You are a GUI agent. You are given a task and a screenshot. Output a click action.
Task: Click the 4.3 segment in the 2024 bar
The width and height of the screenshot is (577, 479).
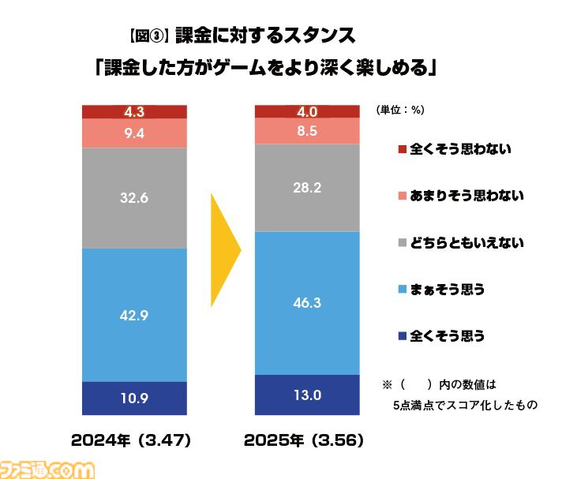134,111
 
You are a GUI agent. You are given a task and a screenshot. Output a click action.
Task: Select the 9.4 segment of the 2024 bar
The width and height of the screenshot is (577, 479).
134,133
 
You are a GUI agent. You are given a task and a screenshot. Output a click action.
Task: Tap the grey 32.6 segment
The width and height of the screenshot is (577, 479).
134,198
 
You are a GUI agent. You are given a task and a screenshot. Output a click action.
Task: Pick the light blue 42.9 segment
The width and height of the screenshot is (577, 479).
134,315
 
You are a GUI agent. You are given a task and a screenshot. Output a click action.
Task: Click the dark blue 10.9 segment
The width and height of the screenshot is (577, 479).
134,398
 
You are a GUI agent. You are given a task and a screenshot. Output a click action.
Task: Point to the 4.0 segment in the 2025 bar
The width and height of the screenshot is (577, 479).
307,111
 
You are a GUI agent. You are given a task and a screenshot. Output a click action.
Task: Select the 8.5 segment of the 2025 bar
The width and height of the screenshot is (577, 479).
307,132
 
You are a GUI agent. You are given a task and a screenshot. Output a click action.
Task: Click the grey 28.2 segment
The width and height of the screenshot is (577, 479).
307,187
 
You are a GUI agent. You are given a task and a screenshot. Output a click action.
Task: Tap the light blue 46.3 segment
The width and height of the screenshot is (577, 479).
307,302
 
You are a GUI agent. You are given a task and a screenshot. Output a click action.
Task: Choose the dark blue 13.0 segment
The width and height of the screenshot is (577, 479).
307,395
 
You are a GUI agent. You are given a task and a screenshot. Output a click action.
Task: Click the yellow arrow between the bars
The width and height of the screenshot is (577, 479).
224,252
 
